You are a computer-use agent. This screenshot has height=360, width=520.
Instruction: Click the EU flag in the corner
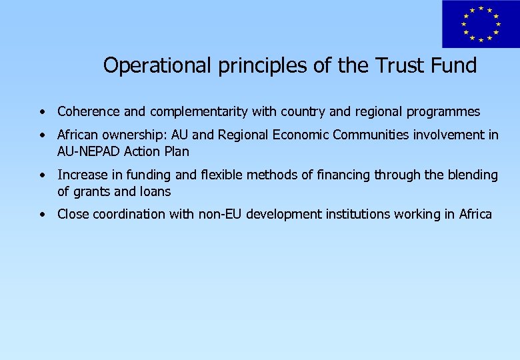pyautogui.click(x=479, y=25)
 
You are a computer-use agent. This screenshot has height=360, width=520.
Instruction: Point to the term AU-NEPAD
pyautogui.click(x=85, y=151)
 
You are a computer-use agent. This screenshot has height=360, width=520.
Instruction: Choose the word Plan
pyautogui.click(x=177, y=151)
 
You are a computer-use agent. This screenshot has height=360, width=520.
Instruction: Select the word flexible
pyautogui.click(x=223, y=175)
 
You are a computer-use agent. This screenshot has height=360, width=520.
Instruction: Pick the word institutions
pyautogui.click(x=356, y=214)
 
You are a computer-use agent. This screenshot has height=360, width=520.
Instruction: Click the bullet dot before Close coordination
pyautogui.click(x=42, y=215)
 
